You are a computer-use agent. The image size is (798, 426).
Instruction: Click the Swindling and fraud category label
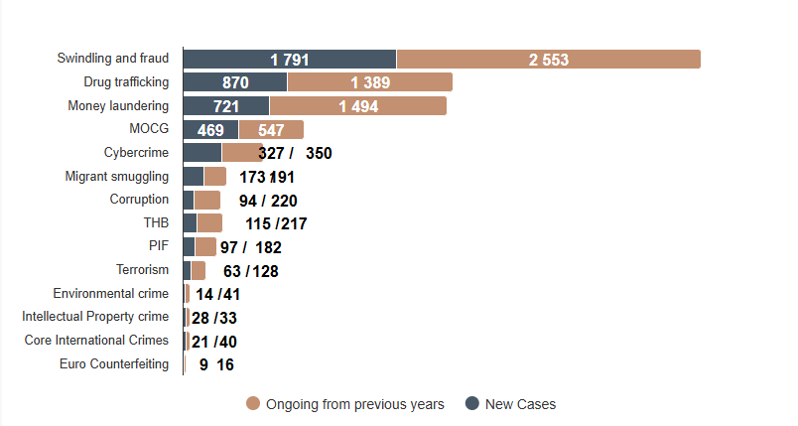112,59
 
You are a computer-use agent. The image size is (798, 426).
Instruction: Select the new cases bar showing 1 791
289,60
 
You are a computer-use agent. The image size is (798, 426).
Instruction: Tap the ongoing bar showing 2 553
548,60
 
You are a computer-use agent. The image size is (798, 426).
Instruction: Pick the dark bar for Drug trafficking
234,82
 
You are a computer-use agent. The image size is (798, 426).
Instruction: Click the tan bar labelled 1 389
369,82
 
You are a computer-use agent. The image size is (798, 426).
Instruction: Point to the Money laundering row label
118,105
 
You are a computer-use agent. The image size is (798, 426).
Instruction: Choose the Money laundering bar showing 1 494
357,106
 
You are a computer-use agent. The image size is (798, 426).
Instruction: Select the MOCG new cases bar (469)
210,129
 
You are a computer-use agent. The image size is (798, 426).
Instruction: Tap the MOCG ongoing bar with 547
271,129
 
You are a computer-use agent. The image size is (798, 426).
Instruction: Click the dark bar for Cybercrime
201,152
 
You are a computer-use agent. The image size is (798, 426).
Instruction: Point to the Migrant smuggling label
116,176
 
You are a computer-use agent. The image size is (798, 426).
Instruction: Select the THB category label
156,222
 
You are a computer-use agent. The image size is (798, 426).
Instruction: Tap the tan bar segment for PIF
205,246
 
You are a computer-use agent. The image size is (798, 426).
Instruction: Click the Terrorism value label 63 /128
250,270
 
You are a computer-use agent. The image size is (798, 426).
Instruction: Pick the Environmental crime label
110,293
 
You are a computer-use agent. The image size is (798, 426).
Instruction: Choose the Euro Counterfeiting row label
114,363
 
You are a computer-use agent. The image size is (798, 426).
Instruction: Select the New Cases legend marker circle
472,403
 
